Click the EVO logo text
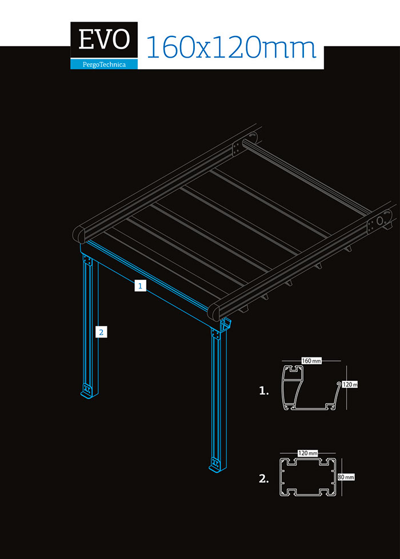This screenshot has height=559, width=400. click(x=104, y=39)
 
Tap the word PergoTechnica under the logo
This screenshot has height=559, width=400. click(x=104, y=65)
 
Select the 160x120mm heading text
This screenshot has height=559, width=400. click(x=231, y=48)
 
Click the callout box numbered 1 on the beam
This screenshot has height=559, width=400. click(x=141, y=285)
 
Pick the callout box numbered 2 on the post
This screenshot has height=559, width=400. click(x=101, y=332)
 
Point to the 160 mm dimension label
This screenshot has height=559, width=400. click(x=311, y=361)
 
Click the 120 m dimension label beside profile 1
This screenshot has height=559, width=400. click(x=350, y=384)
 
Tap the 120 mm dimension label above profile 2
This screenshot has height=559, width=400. click(x=307, y=453)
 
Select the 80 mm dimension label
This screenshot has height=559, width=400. click(x=346, y=477)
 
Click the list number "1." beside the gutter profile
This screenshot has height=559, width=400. click(x=263, y=391)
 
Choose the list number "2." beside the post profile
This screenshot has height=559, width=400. click(x=264, y=479)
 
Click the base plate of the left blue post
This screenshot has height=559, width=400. click(x=87, y=391)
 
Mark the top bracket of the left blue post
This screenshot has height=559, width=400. click(x=87, y=260)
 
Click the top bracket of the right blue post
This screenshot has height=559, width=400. click(x=215, y=335)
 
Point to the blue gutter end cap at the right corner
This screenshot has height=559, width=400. click(x=226, y=324)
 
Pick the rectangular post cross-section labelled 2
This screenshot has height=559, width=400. click(x=307, y=477)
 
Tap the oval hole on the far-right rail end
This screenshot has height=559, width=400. click(x=379, y=220)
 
